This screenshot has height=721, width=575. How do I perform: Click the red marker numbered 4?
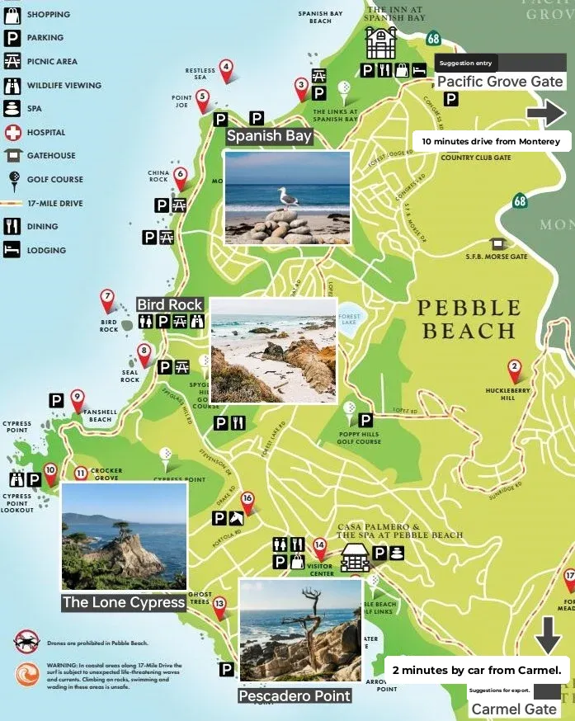[225, 68]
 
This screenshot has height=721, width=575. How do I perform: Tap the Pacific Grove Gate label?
[500, 81]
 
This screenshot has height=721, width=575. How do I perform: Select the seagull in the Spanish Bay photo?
[288, 199]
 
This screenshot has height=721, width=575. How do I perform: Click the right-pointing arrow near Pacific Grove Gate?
[547, 113]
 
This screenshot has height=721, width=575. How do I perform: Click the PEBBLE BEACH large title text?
[469, 320]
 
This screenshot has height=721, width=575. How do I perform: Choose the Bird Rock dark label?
[170, 305]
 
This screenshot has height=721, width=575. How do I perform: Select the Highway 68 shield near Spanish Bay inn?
[434, 39]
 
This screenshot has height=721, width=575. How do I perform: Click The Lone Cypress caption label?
[124, 602]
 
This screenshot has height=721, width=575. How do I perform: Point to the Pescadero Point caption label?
[295, 695]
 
